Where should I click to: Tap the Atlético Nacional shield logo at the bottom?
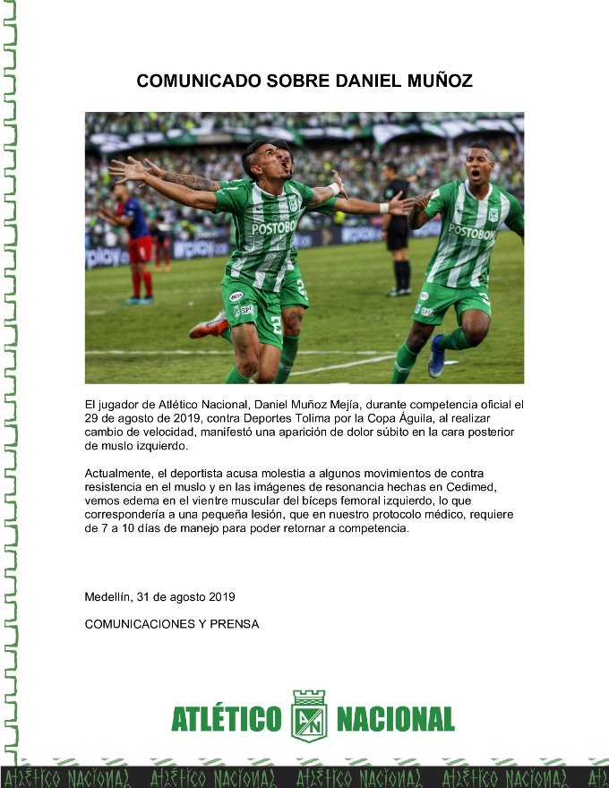(309, 715)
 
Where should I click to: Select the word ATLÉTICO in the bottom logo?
(226, 718)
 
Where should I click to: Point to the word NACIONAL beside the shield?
(394, 718)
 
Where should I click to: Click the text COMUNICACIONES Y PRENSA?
(172, 624)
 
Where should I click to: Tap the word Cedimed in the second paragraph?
(474, 486)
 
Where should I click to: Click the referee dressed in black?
(397, 228)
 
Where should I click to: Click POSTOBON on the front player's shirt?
(273, 227)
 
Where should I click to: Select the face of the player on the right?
(480, 164)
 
